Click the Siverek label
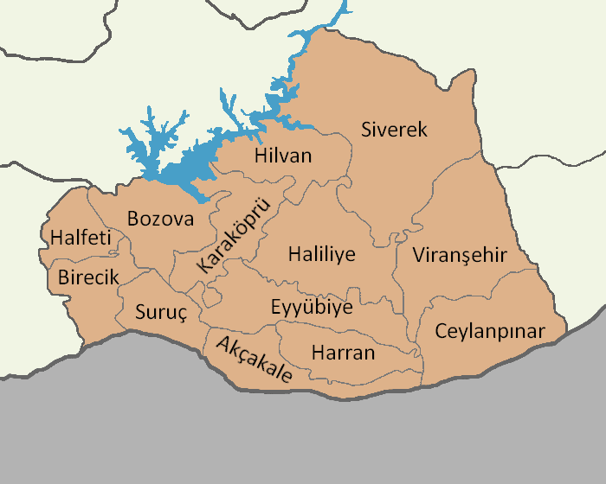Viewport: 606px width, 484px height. coord(394,130)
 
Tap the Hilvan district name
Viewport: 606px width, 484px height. coord(283,156)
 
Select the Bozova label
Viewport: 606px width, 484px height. coord(160,219)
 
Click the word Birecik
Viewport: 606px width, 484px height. coord(87,277)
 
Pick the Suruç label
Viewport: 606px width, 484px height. coord(161,313)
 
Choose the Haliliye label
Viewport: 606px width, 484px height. coord(321,256)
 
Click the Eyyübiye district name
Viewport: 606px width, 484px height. coord(312,308)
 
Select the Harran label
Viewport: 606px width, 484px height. coord(343,353)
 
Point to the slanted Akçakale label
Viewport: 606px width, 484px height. coord(254,360)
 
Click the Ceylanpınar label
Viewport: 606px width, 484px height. coord(489,331)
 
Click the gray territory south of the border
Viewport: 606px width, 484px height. coord(303,441)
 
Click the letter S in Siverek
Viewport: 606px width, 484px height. coord(366,130)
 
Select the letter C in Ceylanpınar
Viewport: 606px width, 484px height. coord(441,331)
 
